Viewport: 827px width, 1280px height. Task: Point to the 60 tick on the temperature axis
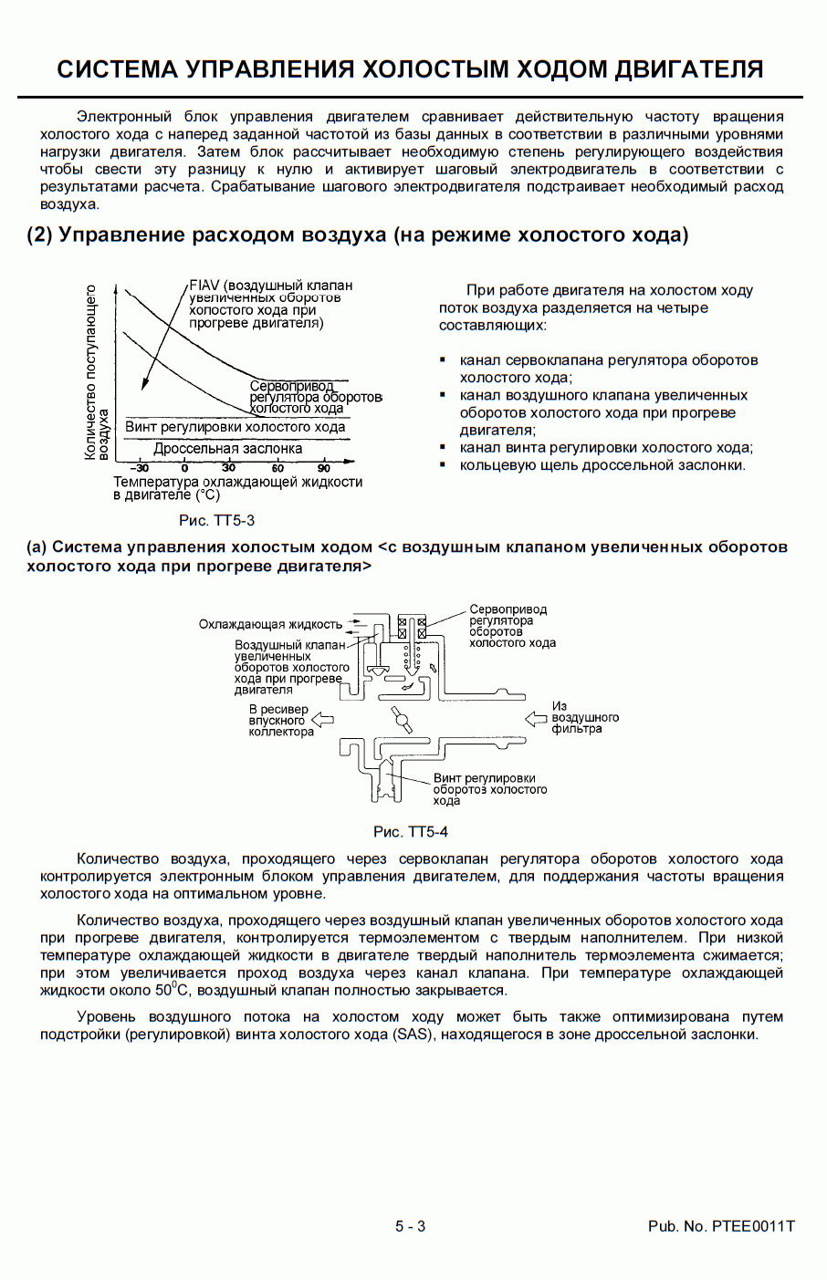click(x=277, y=468)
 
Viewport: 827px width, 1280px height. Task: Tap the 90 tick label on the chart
click(x=324, y=468)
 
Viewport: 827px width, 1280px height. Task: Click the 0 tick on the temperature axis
click(x=184, y=468)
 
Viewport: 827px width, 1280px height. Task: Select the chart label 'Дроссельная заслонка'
click(x=227, y=449)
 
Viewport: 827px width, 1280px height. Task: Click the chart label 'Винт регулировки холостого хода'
click(x=235, y=427)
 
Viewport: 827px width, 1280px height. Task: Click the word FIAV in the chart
click(x=204, y=286)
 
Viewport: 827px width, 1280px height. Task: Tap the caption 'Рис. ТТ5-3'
click(x=216, y=521)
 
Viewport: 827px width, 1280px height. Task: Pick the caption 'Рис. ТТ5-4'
click(x=410, y=832)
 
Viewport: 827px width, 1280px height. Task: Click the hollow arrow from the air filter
click(x=536, y=719)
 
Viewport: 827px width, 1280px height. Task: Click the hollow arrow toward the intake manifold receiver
click(x=323, y=720)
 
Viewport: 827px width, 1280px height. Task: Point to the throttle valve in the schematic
click(x=402, y=720)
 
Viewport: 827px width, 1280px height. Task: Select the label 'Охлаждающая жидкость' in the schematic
click(x=270, y=625)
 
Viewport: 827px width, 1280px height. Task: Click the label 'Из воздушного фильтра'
click(x=584, y=718)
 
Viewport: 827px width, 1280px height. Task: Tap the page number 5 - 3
click(x=410, y=1226)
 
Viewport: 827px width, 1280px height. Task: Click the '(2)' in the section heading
click(x=39, y=235)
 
